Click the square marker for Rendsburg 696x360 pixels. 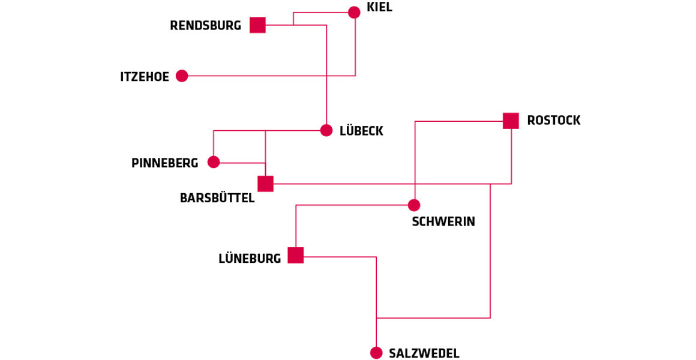click(x=257, y=25)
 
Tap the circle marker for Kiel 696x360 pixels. click(x=354, y=13)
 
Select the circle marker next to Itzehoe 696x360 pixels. click(x=182, y=76)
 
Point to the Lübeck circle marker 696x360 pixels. click(x=326, y=130)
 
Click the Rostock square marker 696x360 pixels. click(x=511, y=121)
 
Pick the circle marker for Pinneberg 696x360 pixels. click(x=214, y=162)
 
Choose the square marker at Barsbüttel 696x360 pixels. click(x=265, y=184)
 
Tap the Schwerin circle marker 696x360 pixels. click(x=414, y=205)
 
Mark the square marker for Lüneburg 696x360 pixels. click(x=296, y=255)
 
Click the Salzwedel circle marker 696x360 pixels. click(x=376, y=353)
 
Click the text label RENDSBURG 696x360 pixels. click(x=205, y=26)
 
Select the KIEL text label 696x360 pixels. click(x=379, y=8)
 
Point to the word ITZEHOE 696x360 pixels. click(x=145, y=77)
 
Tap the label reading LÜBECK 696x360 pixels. click(x=361, y=131)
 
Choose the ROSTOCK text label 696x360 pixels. click(x=553, y=121)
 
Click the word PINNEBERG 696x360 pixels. click(x=164, y=163)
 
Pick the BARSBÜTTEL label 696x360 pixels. click(x=217, y=198)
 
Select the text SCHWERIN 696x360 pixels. click(x=443, y=222)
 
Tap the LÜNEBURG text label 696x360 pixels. click(x=250, y=259)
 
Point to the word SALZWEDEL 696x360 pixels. click(x=424, y=353)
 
